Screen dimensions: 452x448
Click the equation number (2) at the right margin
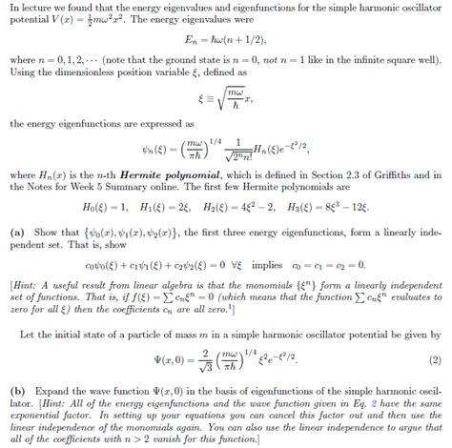tap(436, 361)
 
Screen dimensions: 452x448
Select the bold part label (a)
tap(16, 232)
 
